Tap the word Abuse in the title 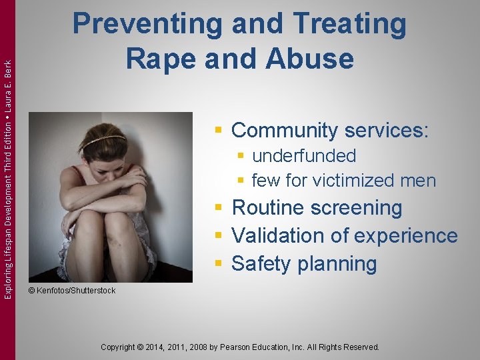[x=308, y=59]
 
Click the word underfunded [x=304, y=156]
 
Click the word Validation [x=276, y=236]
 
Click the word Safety [x=259, y=264]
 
